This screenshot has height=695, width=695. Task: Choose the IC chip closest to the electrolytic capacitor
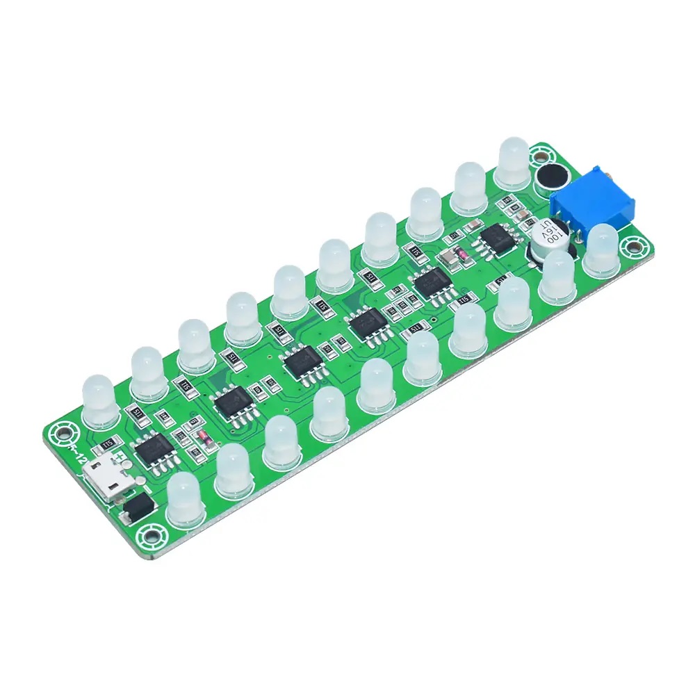pos(496,238)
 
